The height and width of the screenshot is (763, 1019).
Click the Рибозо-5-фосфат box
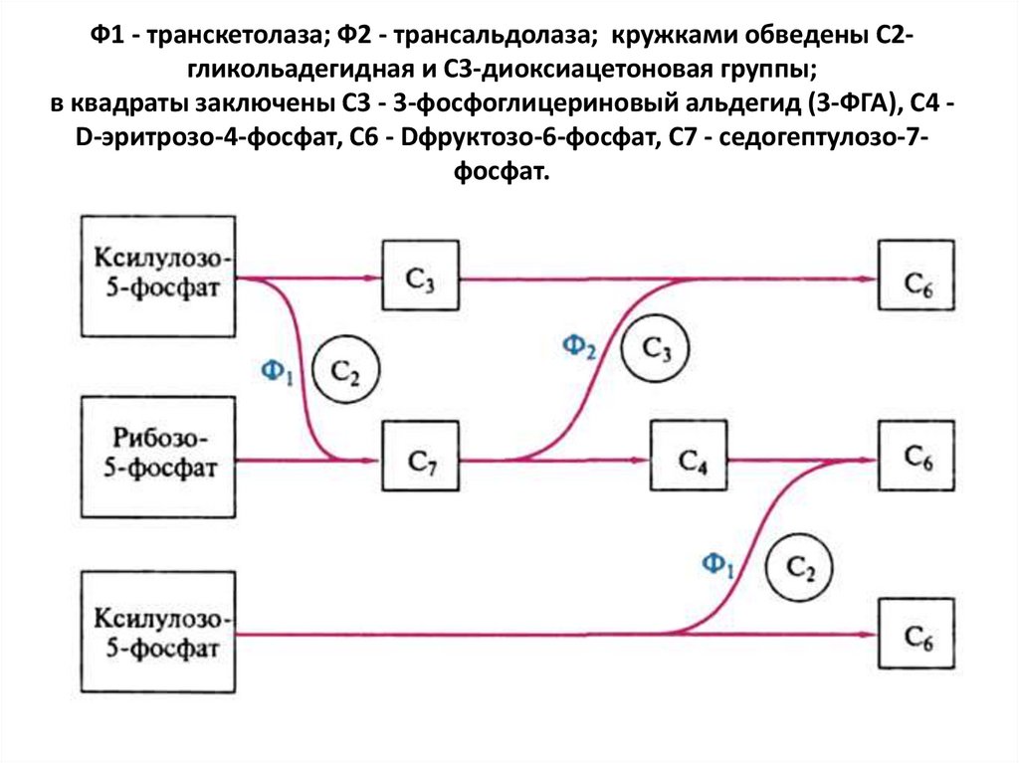tap(159, 457)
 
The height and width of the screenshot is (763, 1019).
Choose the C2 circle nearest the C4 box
tap(800, 568)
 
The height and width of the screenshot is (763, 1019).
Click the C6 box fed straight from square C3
tap(916, 280)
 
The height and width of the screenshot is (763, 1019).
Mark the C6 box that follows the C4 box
tap(916, 457)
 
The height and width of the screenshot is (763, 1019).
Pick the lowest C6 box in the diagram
tap(916, 636)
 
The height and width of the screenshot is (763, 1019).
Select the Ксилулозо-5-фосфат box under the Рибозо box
tap(159, 634)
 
